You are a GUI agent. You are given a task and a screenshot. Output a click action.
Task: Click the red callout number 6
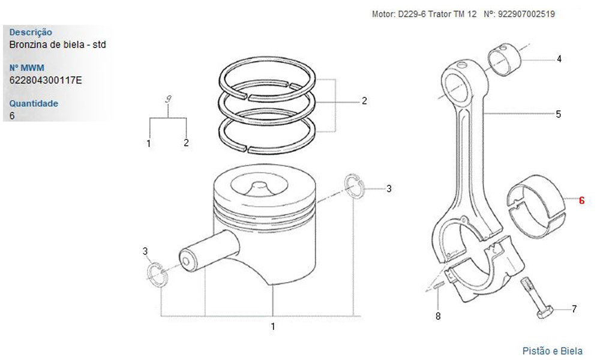581,200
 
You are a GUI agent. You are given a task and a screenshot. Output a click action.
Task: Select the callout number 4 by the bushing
559,59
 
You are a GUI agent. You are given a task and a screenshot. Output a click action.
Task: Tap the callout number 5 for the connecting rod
558,114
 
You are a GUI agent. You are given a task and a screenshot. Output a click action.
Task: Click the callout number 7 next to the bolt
574,309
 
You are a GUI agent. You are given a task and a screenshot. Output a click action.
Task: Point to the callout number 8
438,316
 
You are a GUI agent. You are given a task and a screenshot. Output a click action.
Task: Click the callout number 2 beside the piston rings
364,101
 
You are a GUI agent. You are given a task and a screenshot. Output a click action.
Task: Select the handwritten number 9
169,100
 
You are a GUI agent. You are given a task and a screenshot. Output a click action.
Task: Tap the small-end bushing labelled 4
505,59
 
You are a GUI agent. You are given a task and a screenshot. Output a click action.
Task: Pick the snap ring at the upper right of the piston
355,187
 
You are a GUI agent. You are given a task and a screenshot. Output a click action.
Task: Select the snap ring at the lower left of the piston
157,274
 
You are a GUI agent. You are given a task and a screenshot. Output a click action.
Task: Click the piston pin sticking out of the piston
209,251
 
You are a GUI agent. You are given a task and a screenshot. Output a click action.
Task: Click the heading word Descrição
31,32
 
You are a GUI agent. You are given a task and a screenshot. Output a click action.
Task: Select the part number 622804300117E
46,80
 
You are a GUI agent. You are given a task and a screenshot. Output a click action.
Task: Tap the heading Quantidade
34,103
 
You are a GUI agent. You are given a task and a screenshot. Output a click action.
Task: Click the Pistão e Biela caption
553,351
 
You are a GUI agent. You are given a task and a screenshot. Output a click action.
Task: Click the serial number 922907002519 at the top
526,14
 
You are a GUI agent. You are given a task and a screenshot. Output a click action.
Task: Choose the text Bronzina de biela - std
58,44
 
